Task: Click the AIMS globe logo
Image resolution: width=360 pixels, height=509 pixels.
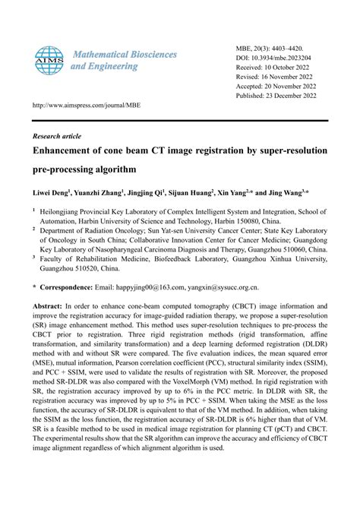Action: coord(49,61)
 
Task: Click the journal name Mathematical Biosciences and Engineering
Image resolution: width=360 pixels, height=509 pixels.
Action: coord(124,61)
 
